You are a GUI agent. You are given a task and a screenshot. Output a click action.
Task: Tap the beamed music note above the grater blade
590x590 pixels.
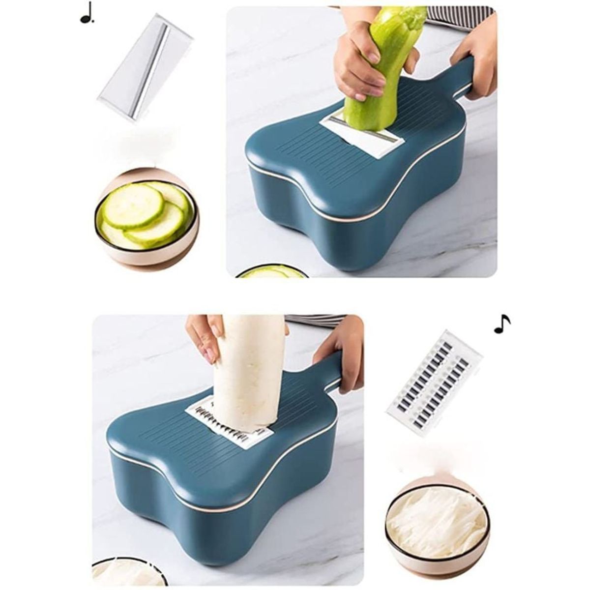point(501,324)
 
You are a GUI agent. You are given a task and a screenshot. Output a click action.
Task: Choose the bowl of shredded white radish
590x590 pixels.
point(437,514)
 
